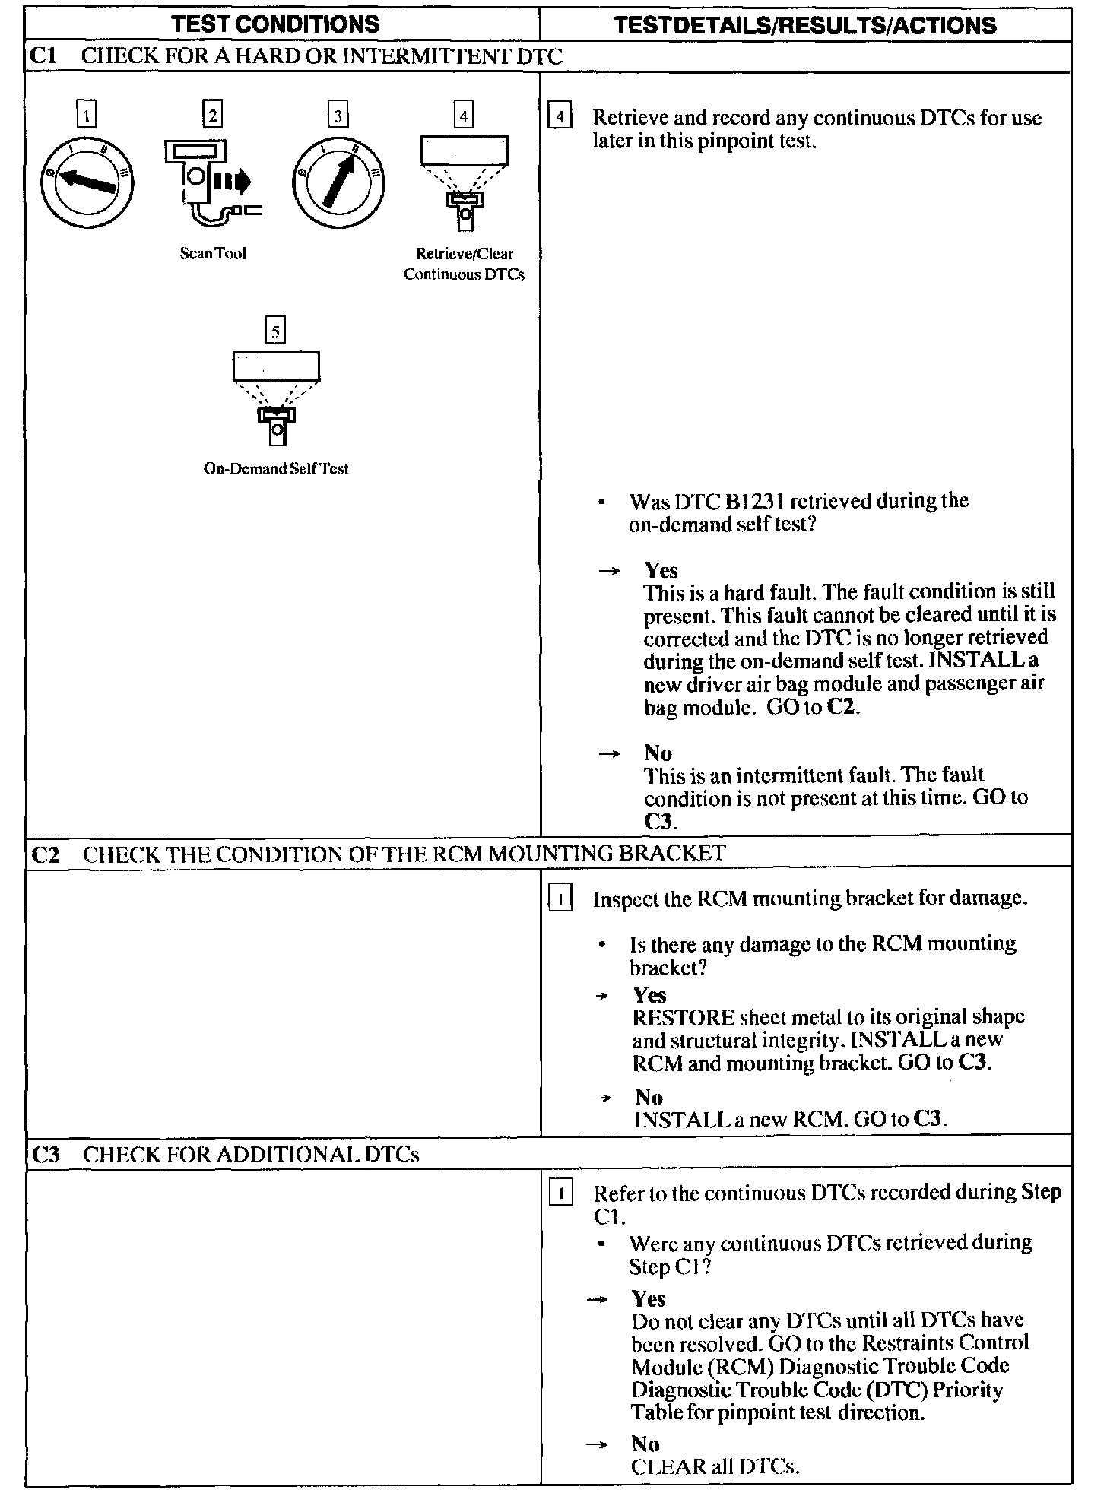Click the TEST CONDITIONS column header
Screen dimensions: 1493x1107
(275, 24)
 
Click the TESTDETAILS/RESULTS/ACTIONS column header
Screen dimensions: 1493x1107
(804, 25)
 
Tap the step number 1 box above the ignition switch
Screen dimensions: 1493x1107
(87, 116)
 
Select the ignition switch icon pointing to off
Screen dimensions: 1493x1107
(87, 182)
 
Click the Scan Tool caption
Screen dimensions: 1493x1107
(213, 254)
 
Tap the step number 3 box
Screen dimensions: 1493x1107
(338, 116)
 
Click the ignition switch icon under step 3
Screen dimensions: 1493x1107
(338, 182)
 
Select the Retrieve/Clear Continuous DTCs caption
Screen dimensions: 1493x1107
(464, 264)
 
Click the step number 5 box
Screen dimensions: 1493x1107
(275, 331)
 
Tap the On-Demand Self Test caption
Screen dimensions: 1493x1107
(275, 469)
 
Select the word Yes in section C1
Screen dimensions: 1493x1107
(661, 570)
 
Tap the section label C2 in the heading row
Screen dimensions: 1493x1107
(46, 854)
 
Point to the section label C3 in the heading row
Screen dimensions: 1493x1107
(46, 1155)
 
